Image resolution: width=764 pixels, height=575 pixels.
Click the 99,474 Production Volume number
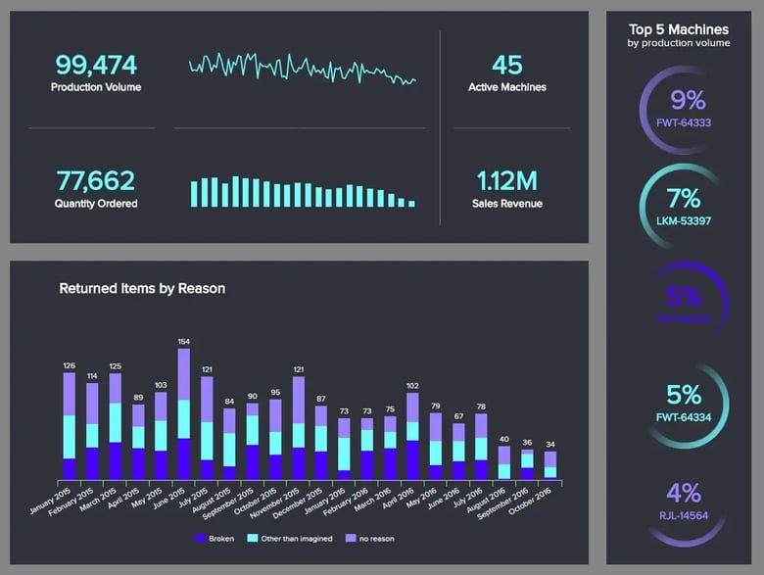(96, 66)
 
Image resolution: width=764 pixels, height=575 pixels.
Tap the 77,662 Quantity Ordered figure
(96, 180)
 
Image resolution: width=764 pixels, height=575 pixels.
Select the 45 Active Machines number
(506, 66)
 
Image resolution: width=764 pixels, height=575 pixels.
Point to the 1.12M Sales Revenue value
(506, 180)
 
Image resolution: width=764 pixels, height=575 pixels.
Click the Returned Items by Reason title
(142, 289)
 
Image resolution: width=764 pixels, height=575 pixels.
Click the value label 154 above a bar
(183, 341)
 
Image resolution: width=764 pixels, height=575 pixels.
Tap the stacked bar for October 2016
(550, 464)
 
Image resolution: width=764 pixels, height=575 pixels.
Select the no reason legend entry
(371, 538)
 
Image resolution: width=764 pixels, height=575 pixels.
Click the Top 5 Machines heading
(679, 29)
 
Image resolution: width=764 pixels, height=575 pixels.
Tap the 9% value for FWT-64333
(688, 99)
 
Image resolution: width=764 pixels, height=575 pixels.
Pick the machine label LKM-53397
(682, 221)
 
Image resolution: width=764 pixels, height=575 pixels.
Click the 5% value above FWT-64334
(683, 394)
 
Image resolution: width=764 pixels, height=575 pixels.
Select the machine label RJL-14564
(683, 514)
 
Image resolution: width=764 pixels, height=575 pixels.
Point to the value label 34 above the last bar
(550, 444)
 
